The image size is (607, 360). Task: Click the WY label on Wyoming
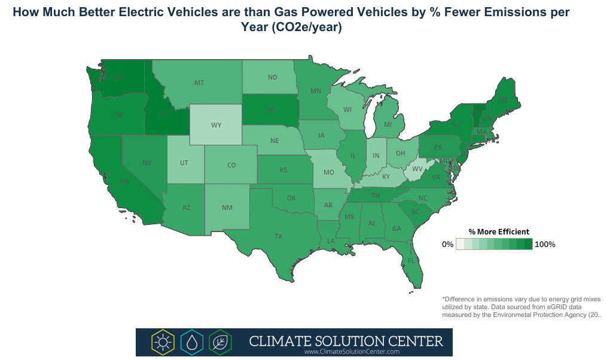pyautogui.click(x=216, y=126)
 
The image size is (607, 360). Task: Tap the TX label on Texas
pyautogui.click(x=278, y=236)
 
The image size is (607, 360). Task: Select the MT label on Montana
pyautogui.click(x=199, y=83)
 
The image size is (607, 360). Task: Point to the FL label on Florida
pyautogui.click(x=411, y=261)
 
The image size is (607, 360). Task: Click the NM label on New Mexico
pyautogui.click(x=227, y=208)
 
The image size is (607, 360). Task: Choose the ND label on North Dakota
pyautogui.click(x=272, y=77)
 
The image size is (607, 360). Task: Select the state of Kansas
pyautogui.click(x=283, y=170)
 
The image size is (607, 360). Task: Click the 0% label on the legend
pyautogui.click(x=447, y=245)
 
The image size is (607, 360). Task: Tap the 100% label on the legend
pyautogui.click(x=545, y=245)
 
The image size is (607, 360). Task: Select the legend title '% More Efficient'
pyautogui.click(x=498, y=231)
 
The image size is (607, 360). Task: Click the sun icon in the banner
pyautogui.click(x=162, y=342)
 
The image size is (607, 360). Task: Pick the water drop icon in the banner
pyautogui.click(x=191, y=342)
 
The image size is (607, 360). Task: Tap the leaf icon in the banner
pyautogui.click(x=221, y=342)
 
